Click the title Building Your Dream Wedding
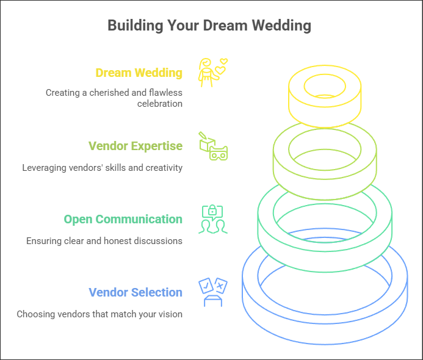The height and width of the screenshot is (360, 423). (x=209, y=26)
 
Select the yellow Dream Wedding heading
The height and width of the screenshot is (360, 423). (x=139, y=73)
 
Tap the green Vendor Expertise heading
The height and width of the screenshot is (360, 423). (x=135, y=146)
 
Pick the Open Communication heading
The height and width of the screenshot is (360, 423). (x=123, y=219)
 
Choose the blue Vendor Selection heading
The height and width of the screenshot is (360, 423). (x=135, y=292)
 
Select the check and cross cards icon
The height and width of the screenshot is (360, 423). (x=212, y=292)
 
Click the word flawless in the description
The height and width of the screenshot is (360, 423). (x=166, y=93)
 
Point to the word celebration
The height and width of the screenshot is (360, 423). (x=160, y=104)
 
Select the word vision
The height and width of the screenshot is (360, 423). (x=169, y=314)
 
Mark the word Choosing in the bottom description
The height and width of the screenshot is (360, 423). (x=35, y=314)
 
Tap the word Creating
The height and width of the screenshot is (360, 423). (x=63, y=93)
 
